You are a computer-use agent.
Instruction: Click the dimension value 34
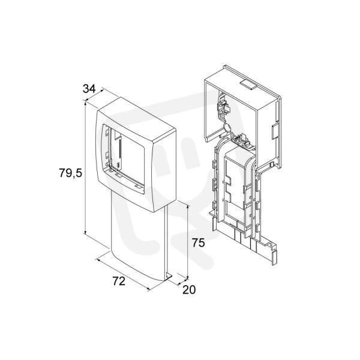89,89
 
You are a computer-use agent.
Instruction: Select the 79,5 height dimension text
70,173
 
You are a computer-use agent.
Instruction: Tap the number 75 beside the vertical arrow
198,242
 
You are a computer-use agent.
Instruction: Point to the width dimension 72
119,281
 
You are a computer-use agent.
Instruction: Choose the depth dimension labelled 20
189,290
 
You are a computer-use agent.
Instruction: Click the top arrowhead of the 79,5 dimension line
85,104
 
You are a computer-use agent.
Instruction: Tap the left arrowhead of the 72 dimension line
98,260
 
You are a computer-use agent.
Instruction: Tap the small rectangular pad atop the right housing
248,85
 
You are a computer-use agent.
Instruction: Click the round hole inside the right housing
226,127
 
